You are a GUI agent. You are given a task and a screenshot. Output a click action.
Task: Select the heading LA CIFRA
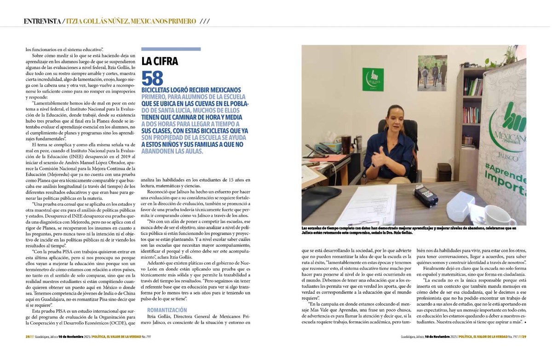point(160,61)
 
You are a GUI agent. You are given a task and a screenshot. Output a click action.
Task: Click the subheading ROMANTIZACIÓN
point(167,310)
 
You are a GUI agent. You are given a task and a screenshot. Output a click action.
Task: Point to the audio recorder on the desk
point(425,195)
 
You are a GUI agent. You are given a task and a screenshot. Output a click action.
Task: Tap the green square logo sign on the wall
point(373,80)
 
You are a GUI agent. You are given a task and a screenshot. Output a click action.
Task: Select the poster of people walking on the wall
point(432,73)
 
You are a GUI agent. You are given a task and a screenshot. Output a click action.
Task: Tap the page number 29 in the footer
point(523,349)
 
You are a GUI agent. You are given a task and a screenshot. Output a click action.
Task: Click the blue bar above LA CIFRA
point(171,49)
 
